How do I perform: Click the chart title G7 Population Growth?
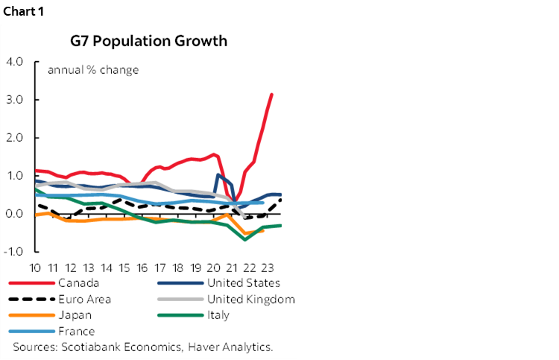point(149,40)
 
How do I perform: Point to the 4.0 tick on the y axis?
point(16,61)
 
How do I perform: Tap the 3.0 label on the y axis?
point(16,99)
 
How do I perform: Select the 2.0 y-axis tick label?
point(16,138)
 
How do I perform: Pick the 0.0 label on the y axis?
point(16,214)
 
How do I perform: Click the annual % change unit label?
point(93,70)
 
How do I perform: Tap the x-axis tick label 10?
point(35,268)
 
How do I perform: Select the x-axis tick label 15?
point(125,268)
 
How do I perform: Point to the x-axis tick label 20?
point(216,268)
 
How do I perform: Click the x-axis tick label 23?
point(270,268)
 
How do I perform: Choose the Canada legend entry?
point(78,282)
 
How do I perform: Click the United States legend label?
point(244,282)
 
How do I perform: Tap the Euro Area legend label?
point(86,299)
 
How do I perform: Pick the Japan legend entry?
point(75,315)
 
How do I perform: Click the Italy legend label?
point(219,315)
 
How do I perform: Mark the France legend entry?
point(78,331)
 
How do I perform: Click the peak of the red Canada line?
point(271,95)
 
